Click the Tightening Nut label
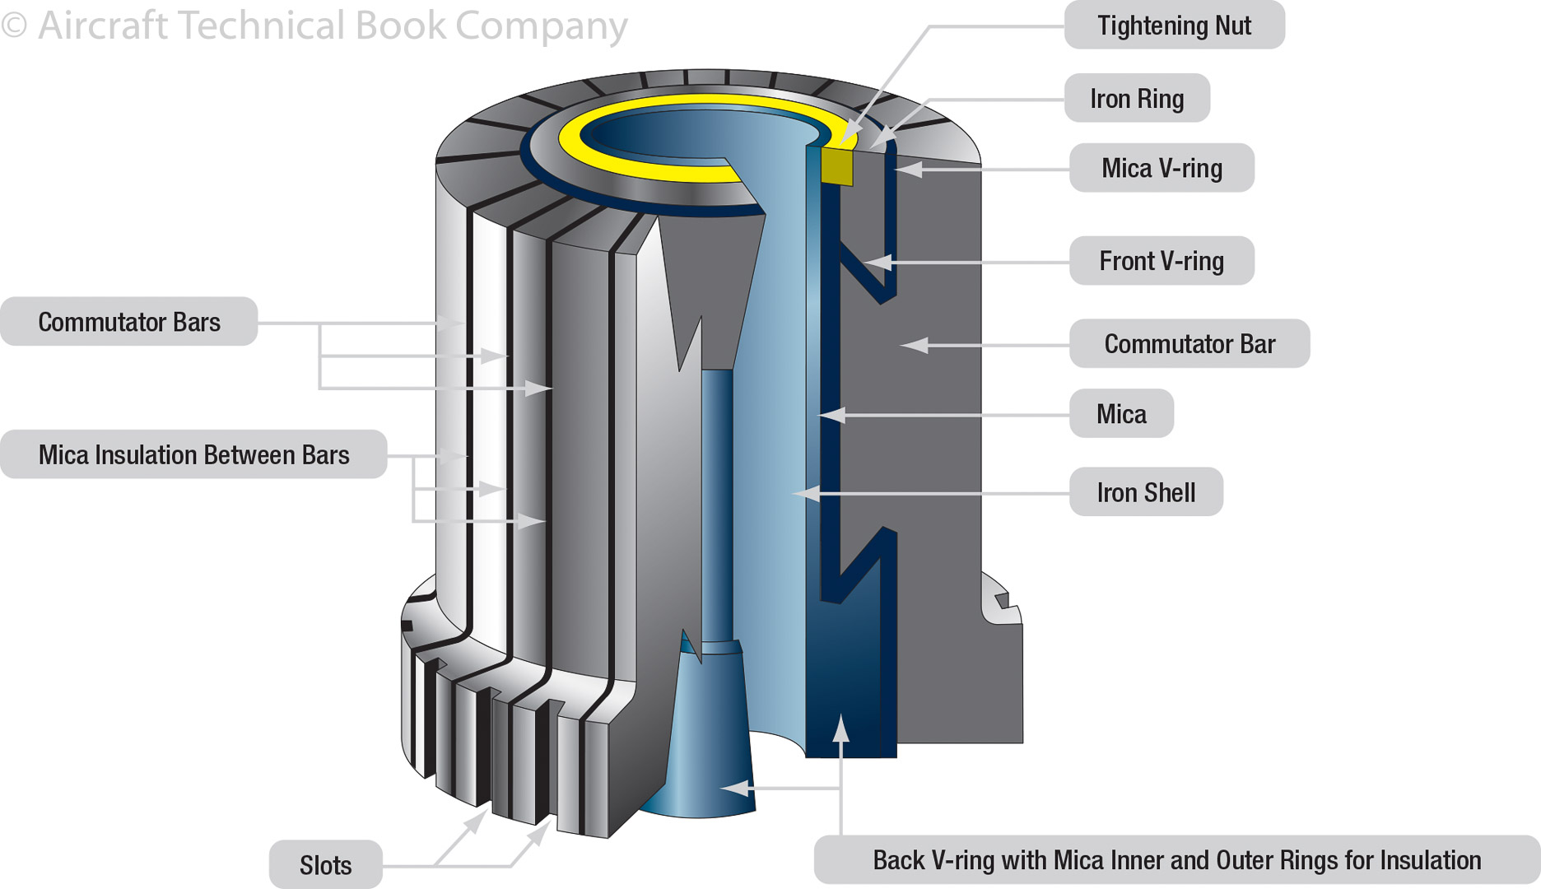(x=1174, y=26)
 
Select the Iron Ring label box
(x=1137, y=99)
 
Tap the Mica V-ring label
(x=1162, y=169)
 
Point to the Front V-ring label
(x=1162, y=262)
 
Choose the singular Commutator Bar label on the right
(x=1190, y=344)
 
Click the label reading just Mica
(x=1121, y=414)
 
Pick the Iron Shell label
(x=1146, y=493)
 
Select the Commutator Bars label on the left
(x=129, y=322)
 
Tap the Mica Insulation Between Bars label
(x=193, y=455)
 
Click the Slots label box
(x=325, y=865)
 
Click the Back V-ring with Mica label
(x=1176, y=860)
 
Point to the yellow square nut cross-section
(x=837, y=165)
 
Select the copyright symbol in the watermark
(x=14, y=26)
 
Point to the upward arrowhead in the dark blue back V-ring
(x=840, y=728)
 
